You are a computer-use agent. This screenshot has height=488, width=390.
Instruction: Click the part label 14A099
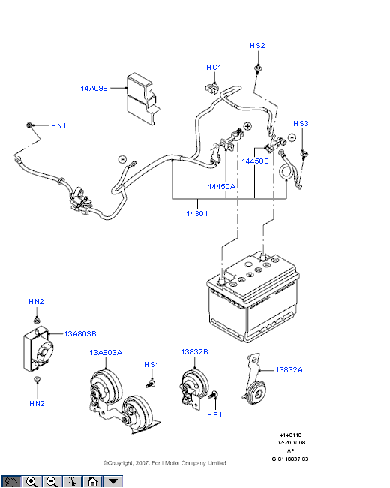click(x=94, y=89)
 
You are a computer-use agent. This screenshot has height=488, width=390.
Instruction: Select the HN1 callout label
click(x=58, y=126)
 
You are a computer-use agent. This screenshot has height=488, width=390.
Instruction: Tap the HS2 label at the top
click(x=257, y=46)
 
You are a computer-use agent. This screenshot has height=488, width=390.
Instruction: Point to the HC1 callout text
click(x=214, y=68)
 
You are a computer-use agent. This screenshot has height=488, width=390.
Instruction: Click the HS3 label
click(x=301, y=124)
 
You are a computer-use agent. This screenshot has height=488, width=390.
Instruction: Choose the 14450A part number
click(x=221, y=187)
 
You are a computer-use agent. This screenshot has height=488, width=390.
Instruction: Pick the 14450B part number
click(x=255, y=161)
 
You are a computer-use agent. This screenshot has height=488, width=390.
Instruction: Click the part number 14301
click(x=196, y=214)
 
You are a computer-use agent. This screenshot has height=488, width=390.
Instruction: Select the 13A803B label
click(x=80, y=334)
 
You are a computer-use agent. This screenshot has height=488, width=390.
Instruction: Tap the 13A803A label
click(x=106, y=353)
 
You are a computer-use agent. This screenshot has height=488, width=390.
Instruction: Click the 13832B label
click(x=194, y=352)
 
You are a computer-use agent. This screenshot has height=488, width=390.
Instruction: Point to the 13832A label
click(x=289, y=370)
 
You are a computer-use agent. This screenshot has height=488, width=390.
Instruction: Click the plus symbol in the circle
click(x=247, y=126)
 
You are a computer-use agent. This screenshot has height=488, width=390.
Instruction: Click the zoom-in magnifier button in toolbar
click(x=31, y=482)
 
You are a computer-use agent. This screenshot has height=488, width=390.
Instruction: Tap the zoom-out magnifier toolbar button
click(x=52, y=482)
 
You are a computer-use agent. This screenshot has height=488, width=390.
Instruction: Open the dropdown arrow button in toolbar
click(x=113, y=482)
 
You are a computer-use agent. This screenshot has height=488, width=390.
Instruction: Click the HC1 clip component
click(x=211, y=88)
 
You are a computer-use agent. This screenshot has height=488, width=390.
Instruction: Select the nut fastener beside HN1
click(x=29, y=125)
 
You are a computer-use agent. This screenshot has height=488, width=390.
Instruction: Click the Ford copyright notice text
click(x=164, y=463)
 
